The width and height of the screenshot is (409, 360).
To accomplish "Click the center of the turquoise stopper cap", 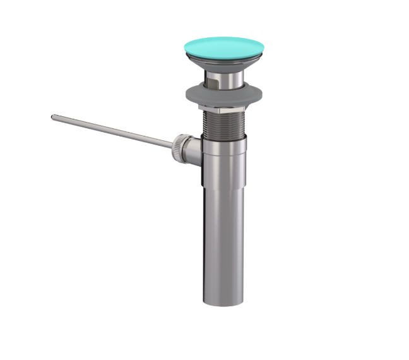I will (223, 47).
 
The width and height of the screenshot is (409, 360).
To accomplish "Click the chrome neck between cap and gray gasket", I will (224, 78).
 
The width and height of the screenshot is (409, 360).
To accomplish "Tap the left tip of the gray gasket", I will (186, 95).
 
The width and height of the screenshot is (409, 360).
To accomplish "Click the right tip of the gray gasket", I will (263, 95).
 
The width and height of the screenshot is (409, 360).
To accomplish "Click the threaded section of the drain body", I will (224, 123).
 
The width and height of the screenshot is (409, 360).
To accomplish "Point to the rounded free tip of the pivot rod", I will (54, 116).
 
